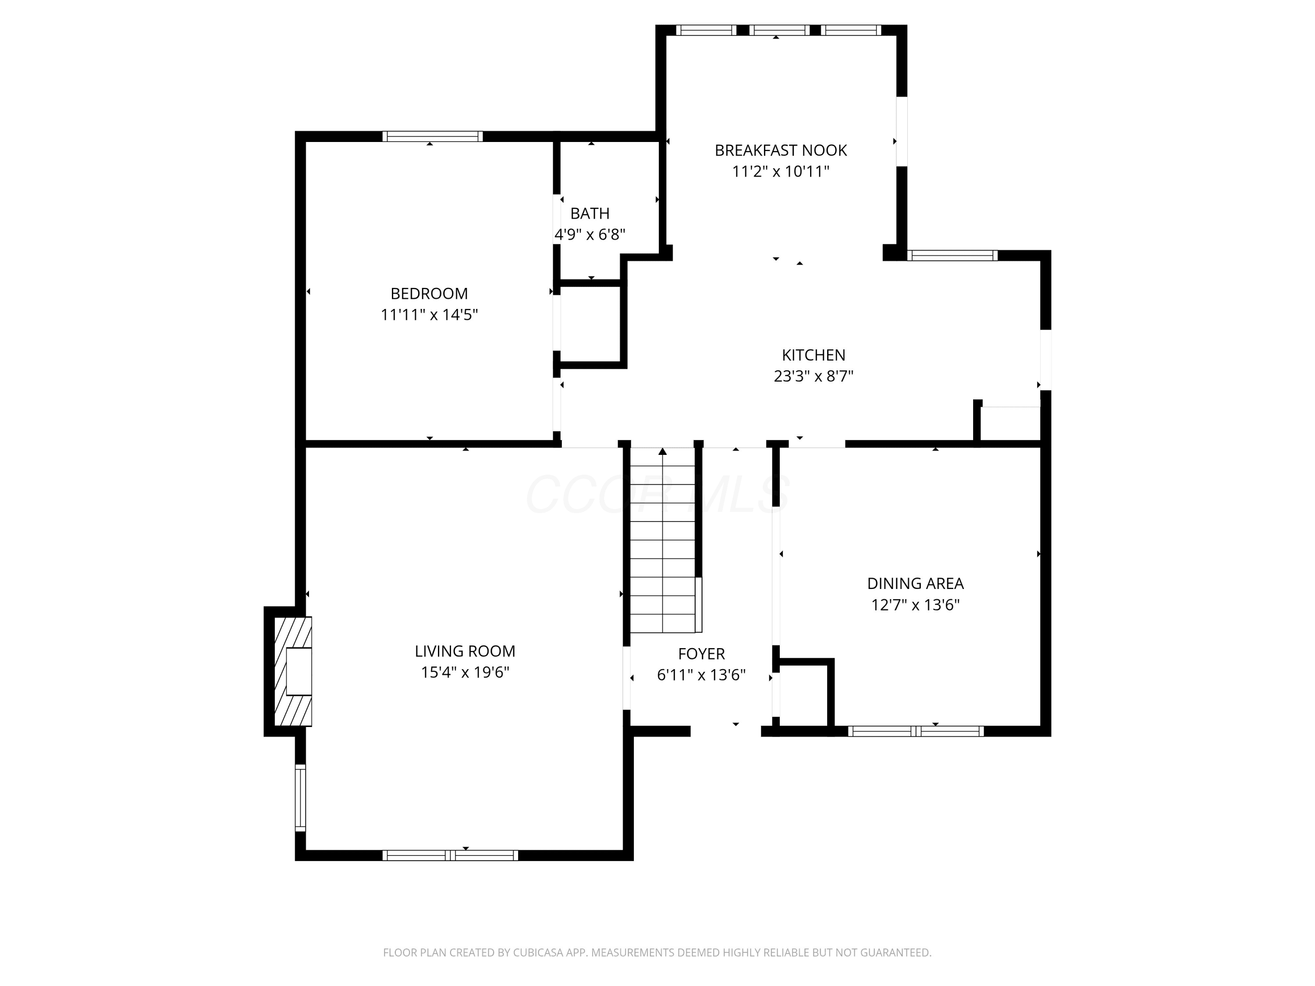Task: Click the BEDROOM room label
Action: click(429, 294)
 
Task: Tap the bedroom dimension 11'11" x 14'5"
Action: click(429, 314)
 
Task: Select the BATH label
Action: click(590, 213)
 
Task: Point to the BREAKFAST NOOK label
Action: click(781, 150)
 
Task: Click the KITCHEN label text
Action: click(813, 355)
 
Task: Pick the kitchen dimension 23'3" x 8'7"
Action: click(813, 376)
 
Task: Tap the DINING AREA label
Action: click(916, 584)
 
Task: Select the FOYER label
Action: click(701, 654)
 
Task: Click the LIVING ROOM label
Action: click(465, 651)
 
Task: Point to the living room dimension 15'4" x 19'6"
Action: click(465, 672)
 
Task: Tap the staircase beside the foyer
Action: click(663, 540)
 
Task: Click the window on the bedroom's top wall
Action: click(432, 137)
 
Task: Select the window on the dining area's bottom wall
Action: click(916, 732)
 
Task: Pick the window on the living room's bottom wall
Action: click(450, 855)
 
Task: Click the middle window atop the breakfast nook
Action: click(779, 30)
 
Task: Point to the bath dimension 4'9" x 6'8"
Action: click(590, 235)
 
